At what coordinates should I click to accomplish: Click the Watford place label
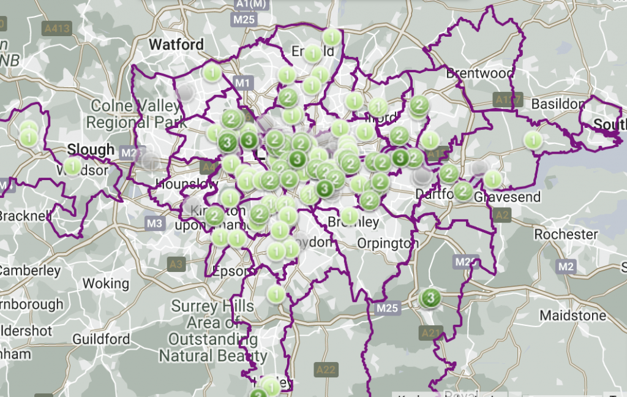point(176,45)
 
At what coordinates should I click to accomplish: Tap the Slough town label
point(91,149)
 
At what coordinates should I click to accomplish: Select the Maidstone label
point(573,316)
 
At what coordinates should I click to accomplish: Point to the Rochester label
point(566,234)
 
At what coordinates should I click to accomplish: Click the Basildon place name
point(558,104)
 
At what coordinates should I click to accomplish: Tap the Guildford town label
point(101,339)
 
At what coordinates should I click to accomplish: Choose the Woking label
point(105,284)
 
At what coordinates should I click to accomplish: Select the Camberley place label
point(31,270)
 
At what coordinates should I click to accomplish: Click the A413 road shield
point(57,28)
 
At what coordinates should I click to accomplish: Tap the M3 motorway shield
point(155,224)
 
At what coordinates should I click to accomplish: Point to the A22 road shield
point(326,369)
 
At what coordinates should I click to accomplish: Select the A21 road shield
point(431,333)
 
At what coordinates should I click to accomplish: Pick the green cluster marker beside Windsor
point(72,166)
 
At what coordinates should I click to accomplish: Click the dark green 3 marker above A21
point(430,298)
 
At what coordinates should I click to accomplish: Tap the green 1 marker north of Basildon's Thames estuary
point(534,140)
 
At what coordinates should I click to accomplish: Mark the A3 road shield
point(176,264)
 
